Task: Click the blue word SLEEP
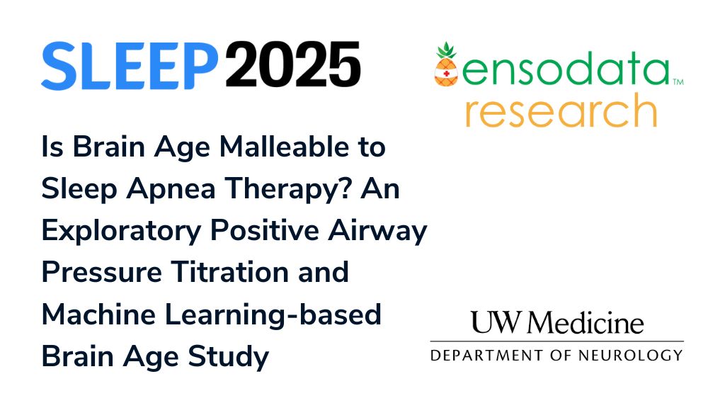tap(130, 65)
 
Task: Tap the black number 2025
tap(293, 64)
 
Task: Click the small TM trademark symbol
tap(678, 82)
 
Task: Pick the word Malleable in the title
tap(284, 147)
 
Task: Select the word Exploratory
tap(121, 231)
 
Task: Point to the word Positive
tap(265, 230)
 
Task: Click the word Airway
tap(377, 231)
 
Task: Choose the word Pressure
tap(102, 273)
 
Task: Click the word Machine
tap(98, 314)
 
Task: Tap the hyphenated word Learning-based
tap(273, 315)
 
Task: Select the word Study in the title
tap(229, 357)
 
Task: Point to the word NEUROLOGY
tap(631, 356)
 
